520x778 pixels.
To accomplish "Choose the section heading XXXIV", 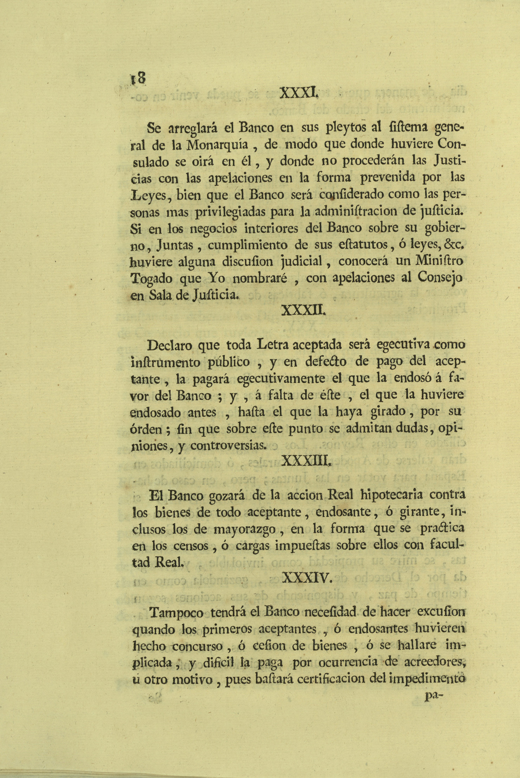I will click(x=307, y=577).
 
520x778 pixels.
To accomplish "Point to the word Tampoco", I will click(x=176, y=613).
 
